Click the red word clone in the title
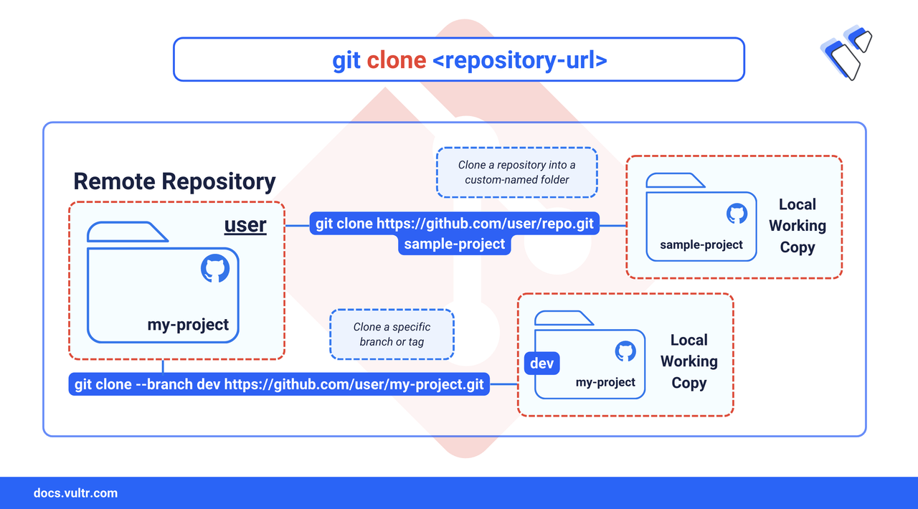[397, 60]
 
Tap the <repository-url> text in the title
[520, 60]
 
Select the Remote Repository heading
[174, 181]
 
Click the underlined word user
[245, 224]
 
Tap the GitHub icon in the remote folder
[215, 268]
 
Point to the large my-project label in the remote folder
[188, 325]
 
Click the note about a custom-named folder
[517, 173]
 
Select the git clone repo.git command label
[455, 224]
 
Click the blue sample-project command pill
[455, 244]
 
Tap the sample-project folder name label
[701, 244]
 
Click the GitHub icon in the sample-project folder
[737, 214]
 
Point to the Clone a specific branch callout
[392, 334]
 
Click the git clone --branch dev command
[279, 384]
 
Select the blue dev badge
[541, 363]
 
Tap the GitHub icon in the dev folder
[625, 351]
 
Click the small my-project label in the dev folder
[605, 382]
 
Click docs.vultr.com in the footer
[75, 493]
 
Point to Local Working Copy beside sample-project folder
[797, 226]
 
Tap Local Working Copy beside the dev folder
[689, 361]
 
